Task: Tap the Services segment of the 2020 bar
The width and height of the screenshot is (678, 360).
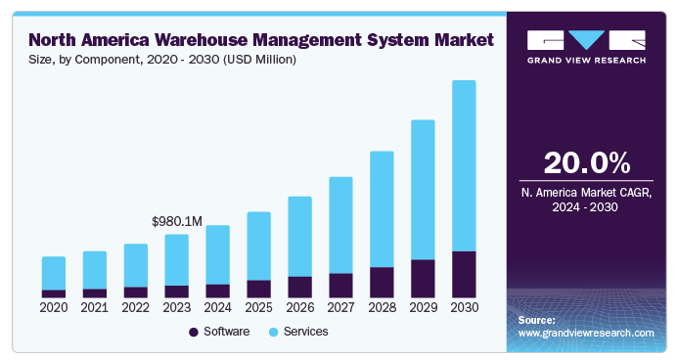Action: pyautogui.click(x=54, y=273)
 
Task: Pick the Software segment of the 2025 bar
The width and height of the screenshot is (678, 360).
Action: pyautogui.click(x=258, y=288)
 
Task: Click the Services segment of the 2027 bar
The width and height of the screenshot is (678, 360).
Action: pyautogui.click(x=340, y=225)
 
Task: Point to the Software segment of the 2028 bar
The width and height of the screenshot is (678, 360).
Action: pyautogui.click(x=382, y=282)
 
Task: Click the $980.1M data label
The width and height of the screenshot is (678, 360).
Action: pyautogui.click(x=177, y=222)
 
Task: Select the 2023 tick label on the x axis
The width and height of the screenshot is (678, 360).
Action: pyautogui.click(x=177, y=307)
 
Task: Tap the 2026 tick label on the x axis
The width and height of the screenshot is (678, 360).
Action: pyautogui.click(x=299, y=307)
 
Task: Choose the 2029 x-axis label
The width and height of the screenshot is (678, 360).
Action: pyautogui.click(x=423, y=307)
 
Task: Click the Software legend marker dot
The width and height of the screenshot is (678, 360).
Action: pyautogui.click(x=194, y=332)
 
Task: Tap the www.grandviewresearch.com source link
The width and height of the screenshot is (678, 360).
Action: pyautogui.click(x=585, y=333)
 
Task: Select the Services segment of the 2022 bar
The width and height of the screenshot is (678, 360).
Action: pyautogui.click(x=136, y=265)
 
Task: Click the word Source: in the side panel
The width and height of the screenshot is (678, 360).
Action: pyautogui.click(x=536, y=320)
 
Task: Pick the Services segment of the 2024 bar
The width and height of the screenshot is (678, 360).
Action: pyautogui.click(x=217, y=254)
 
